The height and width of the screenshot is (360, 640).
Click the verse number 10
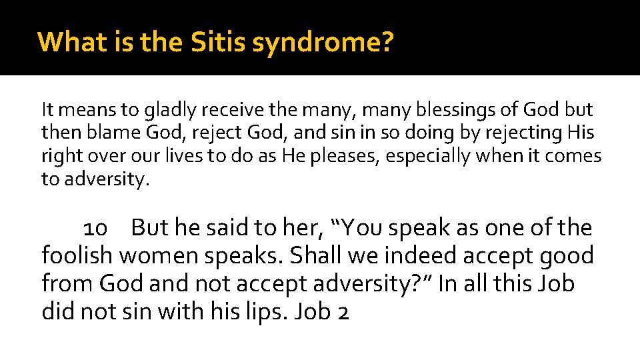click(95, 229)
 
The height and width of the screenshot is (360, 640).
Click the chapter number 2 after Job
click(343, 311)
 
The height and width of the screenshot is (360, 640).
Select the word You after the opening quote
click(363, 229)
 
